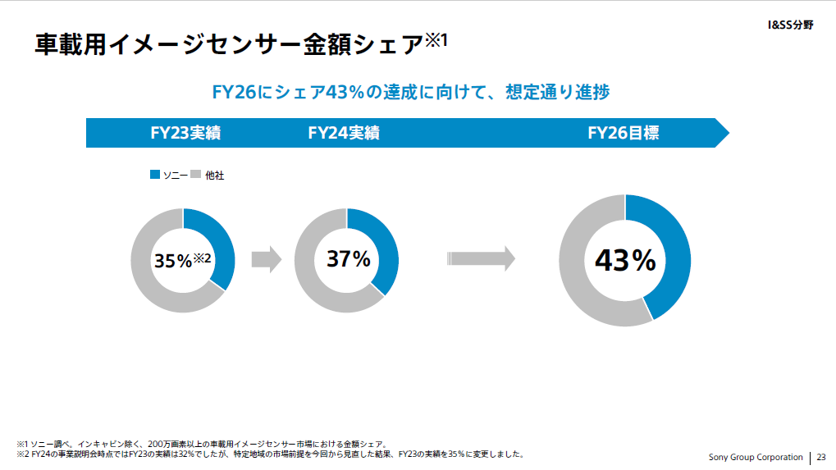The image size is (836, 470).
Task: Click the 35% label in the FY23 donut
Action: tap(172, 261)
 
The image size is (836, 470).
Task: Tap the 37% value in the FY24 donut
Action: tap(349, 259)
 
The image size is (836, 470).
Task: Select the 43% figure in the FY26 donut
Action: tap(625, 261)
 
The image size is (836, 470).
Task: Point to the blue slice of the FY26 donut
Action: tap(668, 246)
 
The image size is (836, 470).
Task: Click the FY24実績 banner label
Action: tap(344, 133)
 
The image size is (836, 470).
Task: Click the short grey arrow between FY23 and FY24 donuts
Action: tap(266, 260)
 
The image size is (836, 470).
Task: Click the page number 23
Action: tap(821, 457)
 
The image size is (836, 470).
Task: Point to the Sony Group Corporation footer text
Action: tap(756, 457)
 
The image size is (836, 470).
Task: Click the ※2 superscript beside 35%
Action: tap(203, 258)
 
